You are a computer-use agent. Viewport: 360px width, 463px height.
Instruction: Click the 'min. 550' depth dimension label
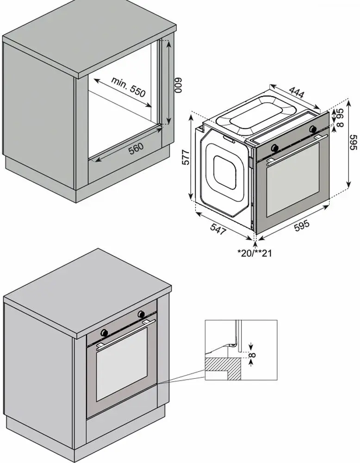pos(128,87)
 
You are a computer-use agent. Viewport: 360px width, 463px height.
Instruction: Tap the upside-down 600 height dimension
pos(180,85)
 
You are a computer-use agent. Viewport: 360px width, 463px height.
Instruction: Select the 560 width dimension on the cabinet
pos(136,148)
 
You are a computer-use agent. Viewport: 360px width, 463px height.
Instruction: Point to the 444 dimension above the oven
pos(296,92)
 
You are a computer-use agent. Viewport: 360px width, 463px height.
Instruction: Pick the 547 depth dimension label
pos(218,229)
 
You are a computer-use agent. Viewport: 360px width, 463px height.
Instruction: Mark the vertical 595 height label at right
pos(354,142)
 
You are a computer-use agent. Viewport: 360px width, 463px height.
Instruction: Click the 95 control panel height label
pos(341,114)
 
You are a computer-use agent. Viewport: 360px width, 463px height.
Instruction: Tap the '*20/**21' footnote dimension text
pos(254,253)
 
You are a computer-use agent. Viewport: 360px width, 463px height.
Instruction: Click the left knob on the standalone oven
pos(275,147)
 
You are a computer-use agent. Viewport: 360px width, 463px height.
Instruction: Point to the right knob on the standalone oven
pos(313,129)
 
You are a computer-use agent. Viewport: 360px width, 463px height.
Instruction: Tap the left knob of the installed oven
pos(104,332)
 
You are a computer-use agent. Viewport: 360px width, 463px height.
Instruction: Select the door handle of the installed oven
pos(126,334)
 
